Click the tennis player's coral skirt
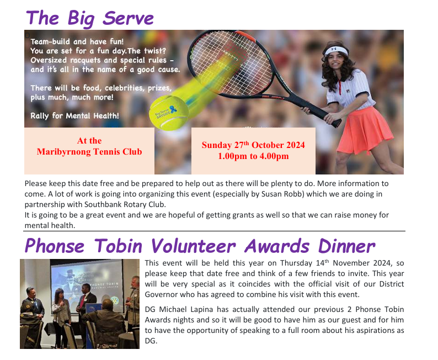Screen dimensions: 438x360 [x=365, y=131]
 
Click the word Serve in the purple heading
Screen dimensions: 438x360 [x=128, y=18]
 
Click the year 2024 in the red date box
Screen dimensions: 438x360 [x=295, y=145]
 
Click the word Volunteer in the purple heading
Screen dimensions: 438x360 [x=193, y=246]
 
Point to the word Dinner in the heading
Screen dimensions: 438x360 [x=346, y=246]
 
